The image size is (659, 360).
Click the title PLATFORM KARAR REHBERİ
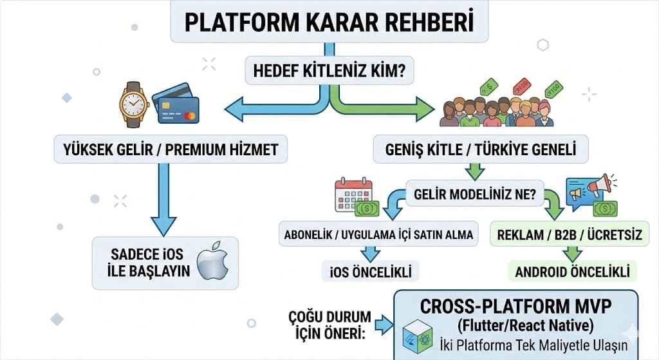[x=329, y=21]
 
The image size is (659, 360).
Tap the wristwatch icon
[x=134, y=105]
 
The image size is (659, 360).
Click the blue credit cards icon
[x=176, y=104]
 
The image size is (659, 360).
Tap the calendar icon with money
[x=355, y=196]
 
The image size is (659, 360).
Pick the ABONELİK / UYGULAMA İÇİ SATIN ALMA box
[x=379, y=235]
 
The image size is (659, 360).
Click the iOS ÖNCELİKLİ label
[x=371, y=271]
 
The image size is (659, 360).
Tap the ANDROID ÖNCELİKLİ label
[x=573, y=271]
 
